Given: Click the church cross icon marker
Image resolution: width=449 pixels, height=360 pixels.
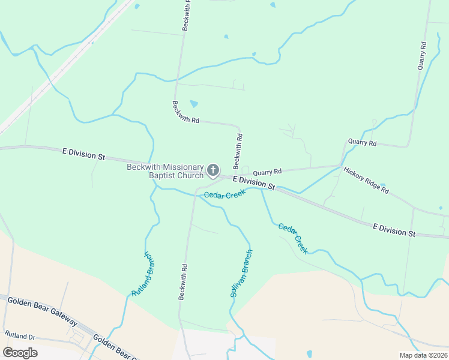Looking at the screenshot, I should click(212, 171).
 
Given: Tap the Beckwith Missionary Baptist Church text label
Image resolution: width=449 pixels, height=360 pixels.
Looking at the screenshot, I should click(165, 171).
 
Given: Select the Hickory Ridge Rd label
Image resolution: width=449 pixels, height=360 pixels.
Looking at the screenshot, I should click(366, 180).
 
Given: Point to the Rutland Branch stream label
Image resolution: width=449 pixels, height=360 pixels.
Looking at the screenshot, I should click(143, 274).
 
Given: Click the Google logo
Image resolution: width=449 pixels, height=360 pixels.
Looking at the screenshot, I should click(20, 352).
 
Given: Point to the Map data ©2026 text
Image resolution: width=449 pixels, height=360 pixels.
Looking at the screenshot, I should click(423, 355).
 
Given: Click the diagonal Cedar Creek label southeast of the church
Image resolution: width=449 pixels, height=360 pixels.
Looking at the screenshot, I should click(293, 238).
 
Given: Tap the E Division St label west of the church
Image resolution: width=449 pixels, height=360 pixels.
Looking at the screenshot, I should click(83, 154).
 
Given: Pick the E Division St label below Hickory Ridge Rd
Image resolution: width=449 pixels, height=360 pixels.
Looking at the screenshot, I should click(394, 230).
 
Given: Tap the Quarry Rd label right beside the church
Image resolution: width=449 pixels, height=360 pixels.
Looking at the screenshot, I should click(267, 172).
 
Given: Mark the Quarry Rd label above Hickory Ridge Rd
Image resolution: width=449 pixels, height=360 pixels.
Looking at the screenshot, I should click(362, 143).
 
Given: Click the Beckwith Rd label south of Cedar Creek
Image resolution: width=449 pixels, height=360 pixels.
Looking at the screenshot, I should click(182, 282).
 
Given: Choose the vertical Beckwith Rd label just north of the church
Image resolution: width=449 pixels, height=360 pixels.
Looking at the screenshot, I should click(238, 151).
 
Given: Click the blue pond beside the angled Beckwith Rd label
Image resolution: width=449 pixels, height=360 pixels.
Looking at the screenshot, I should click(194, 104).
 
